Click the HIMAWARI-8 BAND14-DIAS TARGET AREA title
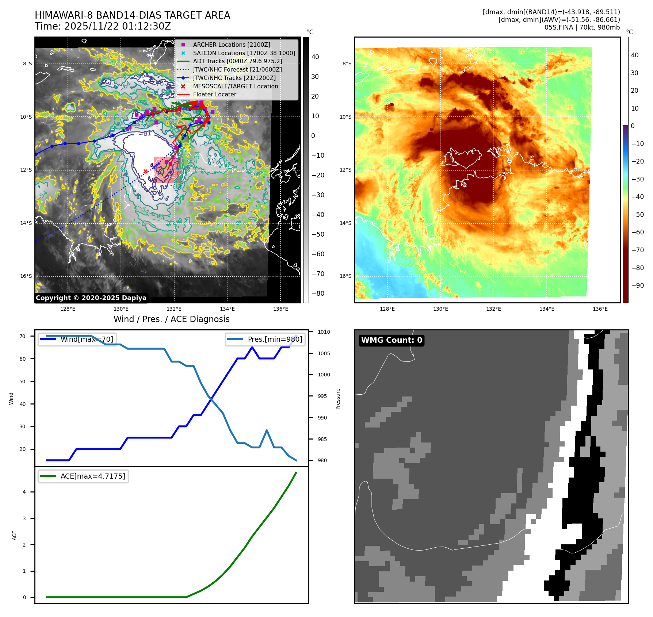[132, 15]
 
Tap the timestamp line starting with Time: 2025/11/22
[103, 26]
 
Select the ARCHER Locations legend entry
[232, 45]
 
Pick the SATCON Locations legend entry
[244, 53]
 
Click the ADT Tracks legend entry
[237, 61]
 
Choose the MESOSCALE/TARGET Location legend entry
[236, 86]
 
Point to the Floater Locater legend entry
[214, 94]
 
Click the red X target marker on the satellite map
[145, 171]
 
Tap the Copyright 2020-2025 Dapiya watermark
[91, 298]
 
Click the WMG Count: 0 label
[392, 340]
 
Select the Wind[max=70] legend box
[77, 339]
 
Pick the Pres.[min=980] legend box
[265, 339]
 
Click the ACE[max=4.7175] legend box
[83, 476]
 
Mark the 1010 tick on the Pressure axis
[324, 332]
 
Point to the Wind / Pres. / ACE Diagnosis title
[171, 319]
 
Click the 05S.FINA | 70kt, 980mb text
[582, 27]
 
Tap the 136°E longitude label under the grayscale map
[280, 309]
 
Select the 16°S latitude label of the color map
[345, 276]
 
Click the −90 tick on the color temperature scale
[637, 285]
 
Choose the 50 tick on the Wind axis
[23, 382]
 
